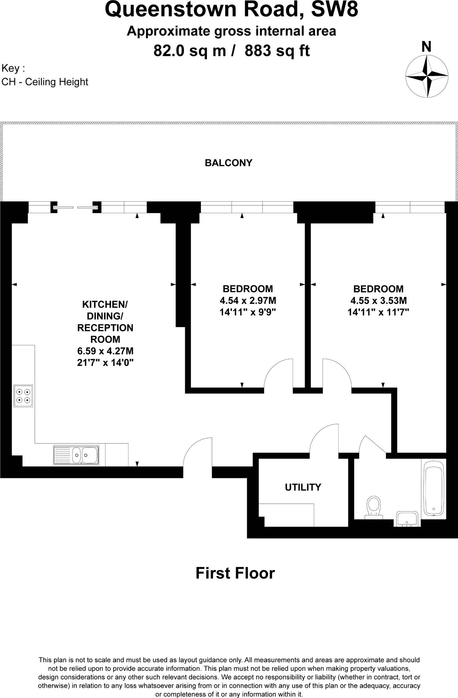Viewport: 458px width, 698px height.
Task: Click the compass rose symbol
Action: tap(427, 76)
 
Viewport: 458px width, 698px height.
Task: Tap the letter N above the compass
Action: tap(426, 47)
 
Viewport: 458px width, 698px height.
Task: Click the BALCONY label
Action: tap(228, 163)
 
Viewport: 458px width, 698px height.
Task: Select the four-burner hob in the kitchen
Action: tap(23, 396)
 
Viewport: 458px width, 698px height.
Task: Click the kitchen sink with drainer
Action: tap(76, 455)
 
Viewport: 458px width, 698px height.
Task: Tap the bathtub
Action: tap(433, 488)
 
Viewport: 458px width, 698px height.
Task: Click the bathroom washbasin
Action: tap(407, 519)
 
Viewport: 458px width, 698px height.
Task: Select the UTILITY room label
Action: tap(303, 487)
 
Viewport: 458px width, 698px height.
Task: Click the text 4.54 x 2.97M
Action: tap(248, 301)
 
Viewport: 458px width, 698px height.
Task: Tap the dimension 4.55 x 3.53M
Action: tap(378, 301)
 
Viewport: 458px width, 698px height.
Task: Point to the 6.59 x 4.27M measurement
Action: tap(105, 351)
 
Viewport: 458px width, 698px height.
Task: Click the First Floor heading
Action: tap(235, 573)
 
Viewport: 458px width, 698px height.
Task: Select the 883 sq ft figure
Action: tap(277, 51)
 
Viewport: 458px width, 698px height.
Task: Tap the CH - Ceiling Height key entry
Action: tap(45, 82)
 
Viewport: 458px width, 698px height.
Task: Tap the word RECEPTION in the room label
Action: tap(105, 328)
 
